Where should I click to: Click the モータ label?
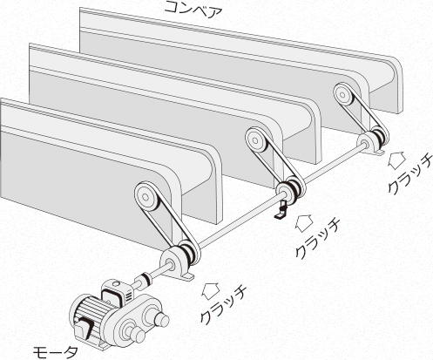click(55, 351)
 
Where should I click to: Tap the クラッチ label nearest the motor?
click(223, 305)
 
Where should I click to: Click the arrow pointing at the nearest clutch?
click(211, 290)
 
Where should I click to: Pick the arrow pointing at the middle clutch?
click(304, 223)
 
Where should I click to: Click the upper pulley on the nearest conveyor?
click(146, 198)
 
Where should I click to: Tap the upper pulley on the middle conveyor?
click(256, 140)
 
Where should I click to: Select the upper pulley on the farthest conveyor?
click(343, 95)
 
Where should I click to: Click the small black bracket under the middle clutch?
click(281, 210)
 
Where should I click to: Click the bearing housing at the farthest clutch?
click(369, 143)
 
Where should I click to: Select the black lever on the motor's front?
click(86, 326)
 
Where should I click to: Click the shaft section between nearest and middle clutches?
click(239, 221)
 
